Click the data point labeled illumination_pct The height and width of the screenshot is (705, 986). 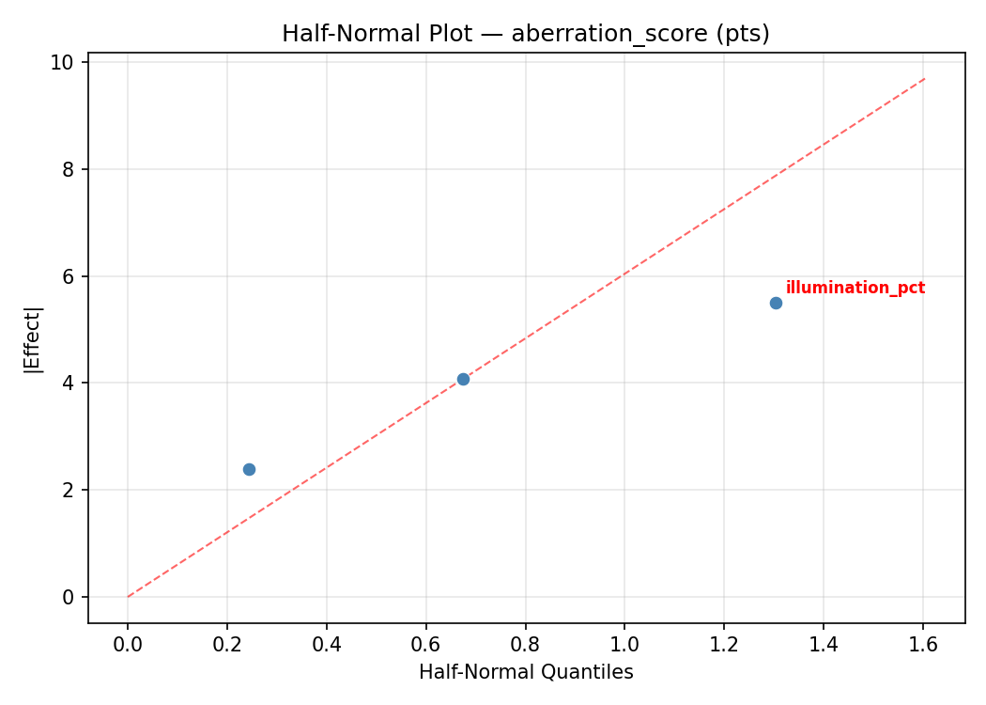[x=776, y=303]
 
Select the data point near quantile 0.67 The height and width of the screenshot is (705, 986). [x=463, y=379]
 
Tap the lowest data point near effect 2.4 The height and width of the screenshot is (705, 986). [x=249, y=469]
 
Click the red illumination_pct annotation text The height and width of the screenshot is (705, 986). [x=855, y=288]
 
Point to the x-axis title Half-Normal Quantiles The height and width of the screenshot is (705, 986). [x=526, y=672]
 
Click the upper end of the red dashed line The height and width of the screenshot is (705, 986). [x=925, y=78]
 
